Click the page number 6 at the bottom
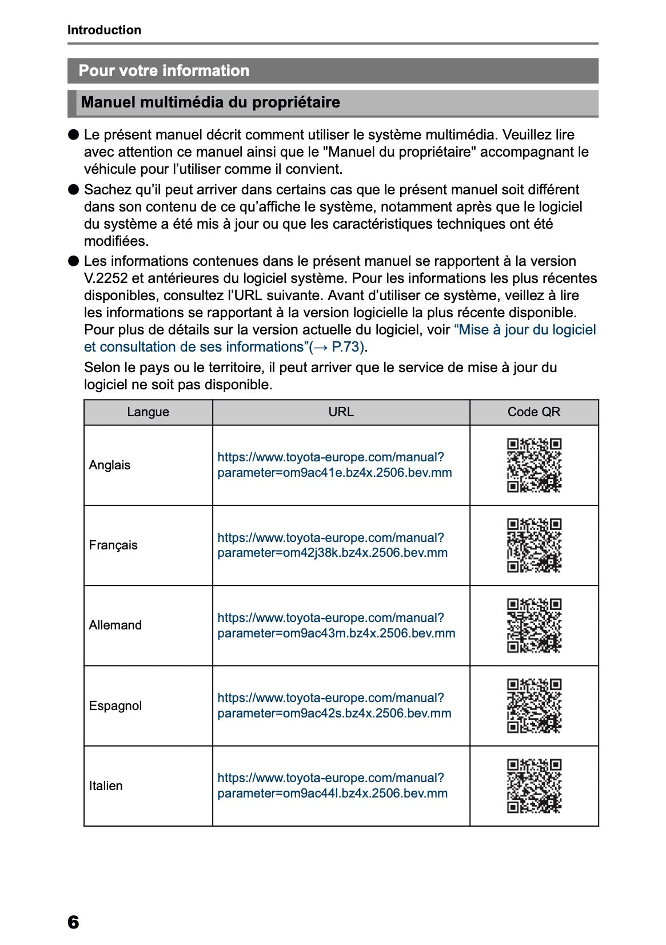click(x=73, y=922)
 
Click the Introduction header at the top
click(x=104, y=30)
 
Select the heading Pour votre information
click(x=164, y=71)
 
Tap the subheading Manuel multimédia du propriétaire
click(x=210, y=103)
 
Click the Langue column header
click(x=148, y=412)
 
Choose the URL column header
click(x=341, y=412)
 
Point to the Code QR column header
click(x=533, y=412)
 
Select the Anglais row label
click(x=110, y=465)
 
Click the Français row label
click(x=113, y=545)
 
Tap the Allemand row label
click(x=115, y=625)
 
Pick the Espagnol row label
click(x=115, y=706)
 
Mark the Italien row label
click(x=106, y=786)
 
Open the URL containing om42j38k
click(x=332, y=545)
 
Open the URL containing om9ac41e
click(x=334, y=465)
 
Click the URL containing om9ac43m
click(x=336, y=626)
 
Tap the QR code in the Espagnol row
click(x=534, y=706)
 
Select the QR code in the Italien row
click(x=534, y=786)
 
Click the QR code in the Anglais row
click(x=534, y=465)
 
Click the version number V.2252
click(x=105, y=279)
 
